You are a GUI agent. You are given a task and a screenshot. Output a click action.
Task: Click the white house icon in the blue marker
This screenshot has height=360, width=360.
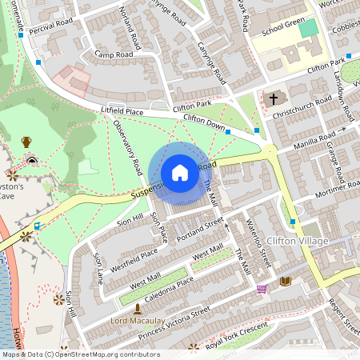coord(180,173)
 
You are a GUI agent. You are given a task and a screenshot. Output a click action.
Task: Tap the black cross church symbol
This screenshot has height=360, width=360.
coord(274,99)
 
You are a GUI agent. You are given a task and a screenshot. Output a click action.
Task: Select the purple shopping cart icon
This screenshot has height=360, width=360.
coord(262,289)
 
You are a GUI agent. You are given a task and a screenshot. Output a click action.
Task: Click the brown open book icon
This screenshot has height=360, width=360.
coord(286,281)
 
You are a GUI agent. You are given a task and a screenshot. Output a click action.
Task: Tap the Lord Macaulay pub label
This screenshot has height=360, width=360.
coord(138,322)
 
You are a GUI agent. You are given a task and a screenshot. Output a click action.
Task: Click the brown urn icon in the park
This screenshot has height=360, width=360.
coord(26,142)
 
